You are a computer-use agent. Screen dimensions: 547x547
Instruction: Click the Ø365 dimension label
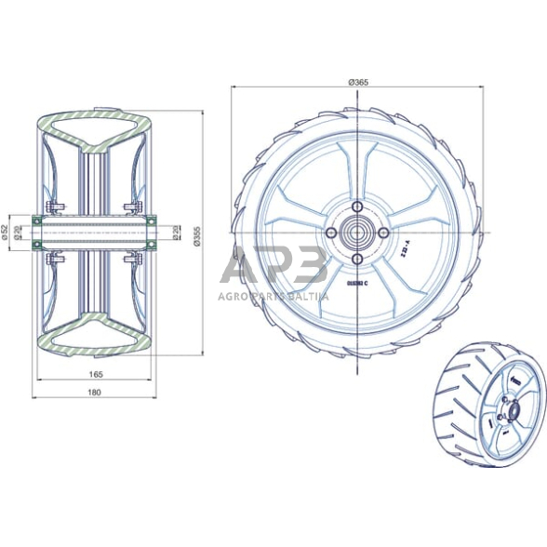(x=358, y=84)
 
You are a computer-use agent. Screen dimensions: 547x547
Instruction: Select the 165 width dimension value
(x=97, y=374)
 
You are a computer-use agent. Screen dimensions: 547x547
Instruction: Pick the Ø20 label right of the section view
(x=177, y=232)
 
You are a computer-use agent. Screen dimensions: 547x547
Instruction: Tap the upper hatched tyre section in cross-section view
(x=96, y=127)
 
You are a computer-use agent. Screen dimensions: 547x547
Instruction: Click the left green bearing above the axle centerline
(x=37, y=220)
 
